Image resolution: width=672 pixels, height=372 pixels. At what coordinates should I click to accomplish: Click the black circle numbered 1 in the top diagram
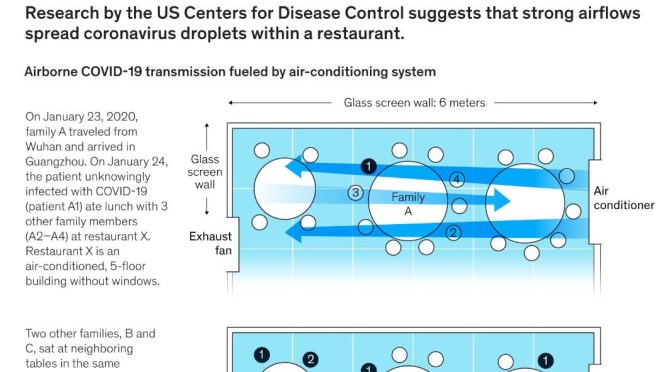369,166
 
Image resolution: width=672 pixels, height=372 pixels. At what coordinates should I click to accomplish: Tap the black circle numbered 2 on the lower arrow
453,233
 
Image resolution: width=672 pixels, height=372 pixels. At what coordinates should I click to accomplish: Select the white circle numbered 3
354,193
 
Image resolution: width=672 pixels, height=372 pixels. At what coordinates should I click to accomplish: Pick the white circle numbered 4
457,180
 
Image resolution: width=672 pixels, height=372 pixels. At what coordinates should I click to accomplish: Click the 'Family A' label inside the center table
408,204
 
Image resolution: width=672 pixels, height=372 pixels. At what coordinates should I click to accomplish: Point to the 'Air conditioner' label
625,198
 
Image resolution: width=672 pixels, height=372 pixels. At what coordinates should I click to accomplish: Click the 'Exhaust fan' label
210,244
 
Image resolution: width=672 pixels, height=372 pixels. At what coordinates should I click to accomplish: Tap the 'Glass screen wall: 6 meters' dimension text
412,103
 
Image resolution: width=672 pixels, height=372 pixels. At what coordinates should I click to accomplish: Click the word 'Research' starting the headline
61,12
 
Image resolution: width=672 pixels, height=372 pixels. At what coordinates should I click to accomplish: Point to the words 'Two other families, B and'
90,333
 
